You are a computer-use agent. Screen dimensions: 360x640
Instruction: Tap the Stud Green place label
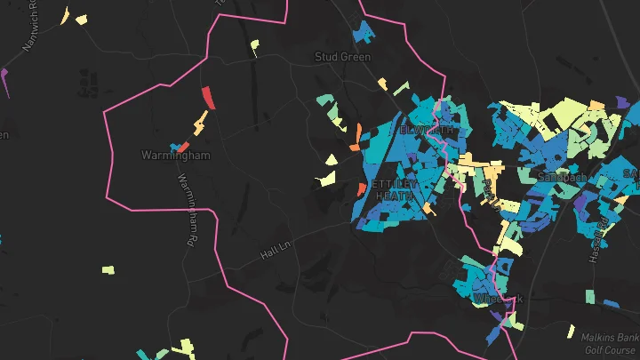(342, 57)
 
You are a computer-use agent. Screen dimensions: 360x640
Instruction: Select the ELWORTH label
(428, 130)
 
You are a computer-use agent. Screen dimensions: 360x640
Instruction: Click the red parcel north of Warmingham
(207, 96)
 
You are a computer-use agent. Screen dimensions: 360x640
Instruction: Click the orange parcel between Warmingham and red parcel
(201, 122)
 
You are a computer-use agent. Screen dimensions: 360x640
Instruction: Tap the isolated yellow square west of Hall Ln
(108, 269)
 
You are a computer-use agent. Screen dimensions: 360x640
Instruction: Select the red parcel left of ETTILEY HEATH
(361, 189)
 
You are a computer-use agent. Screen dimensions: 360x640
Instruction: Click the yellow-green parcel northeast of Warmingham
(254, 46)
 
